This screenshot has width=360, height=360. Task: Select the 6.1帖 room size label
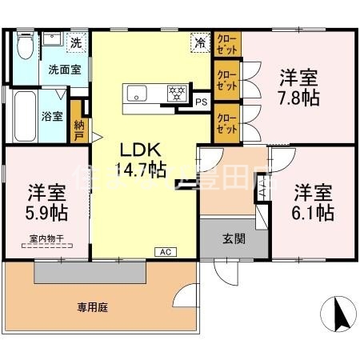[313, 213]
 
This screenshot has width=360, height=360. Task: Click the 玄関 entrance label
[234, 238]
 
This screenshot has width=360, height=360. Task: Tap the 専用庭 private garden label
[92, 306]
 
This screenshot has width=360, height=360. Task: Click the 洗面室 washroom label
[64, 70]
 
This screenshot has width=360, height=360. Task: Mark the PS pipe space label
[201, 102]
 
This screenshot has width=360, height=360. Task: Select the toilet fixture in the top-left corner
[24, 49]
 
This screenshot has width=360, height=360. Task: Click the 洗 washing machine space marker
[75, 42]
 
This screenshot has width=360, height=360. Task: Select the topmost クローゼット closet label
[226, 43]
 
